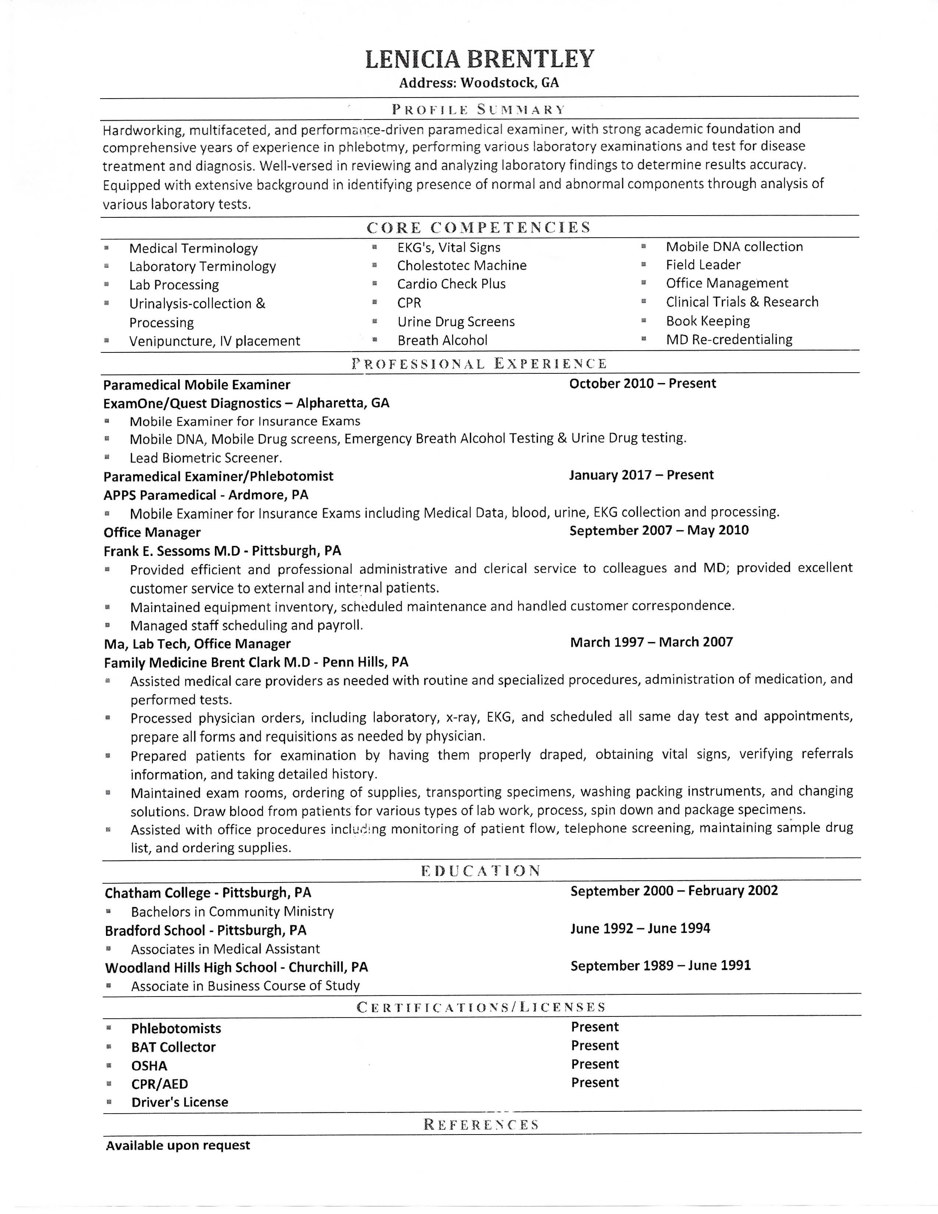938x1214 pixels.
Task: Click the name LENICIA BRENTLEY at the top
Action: [480, 59]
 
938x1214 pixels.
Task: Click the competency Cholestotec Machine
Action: [461, 266]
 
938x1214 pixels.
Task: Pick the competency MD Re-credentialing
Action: [729, 340]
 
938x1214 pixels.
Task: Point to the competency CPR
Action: [409, 303]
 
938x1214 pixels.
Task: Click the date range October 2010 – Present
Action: [642, 384]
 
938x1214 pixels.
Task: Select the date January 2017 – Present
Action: [641, 475]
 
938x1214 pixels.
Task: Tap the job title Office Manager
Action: [152, 533]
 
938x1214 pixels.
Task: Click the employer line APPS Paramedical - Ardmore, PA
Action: [206, 495]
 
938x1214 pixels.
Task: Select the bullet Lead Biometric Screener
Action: [206, 458]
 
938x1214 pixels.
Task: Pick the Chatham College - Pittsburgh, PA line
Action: [208, 893]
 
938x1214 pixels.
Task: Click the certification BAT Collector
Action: [173, 1047]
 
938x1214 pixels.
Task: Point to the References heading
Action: [481, 1125]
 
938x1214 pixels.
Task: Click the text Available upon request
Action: [178, 1146]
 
